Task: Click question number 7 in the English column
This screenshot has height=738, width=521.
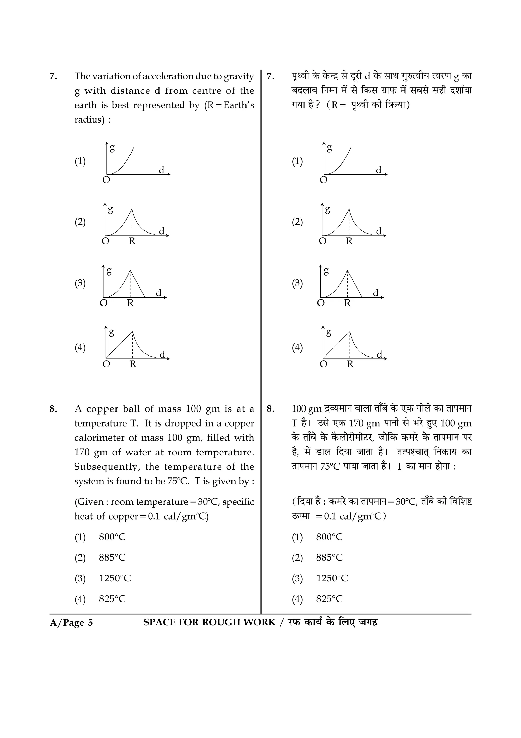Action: (53, 76)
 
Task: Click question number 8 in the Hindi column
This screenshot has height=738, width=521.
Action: (270, 409)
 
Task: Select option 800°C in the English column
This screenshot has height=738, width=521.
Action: (112, 537)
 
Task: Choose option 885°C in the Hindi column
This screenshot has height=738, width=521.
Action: (329, 557)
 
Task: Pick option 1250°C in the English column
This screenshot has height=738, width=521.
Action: (114, 578)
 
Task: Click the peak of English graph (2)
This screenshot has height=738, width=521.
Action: (132, 209)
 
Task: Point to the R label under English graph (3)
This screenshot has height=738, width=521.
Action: (130, 303)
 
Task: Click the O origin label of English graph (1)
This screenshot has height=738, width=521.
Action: (106, 180)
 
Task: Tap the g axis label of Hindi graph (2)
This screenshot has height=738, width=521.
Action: (327, 209)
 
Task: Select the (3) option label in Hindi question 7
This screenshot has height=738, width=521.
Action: (297, 283)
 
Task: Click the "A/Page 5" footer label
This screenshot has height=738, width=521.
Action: (71, 623)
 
